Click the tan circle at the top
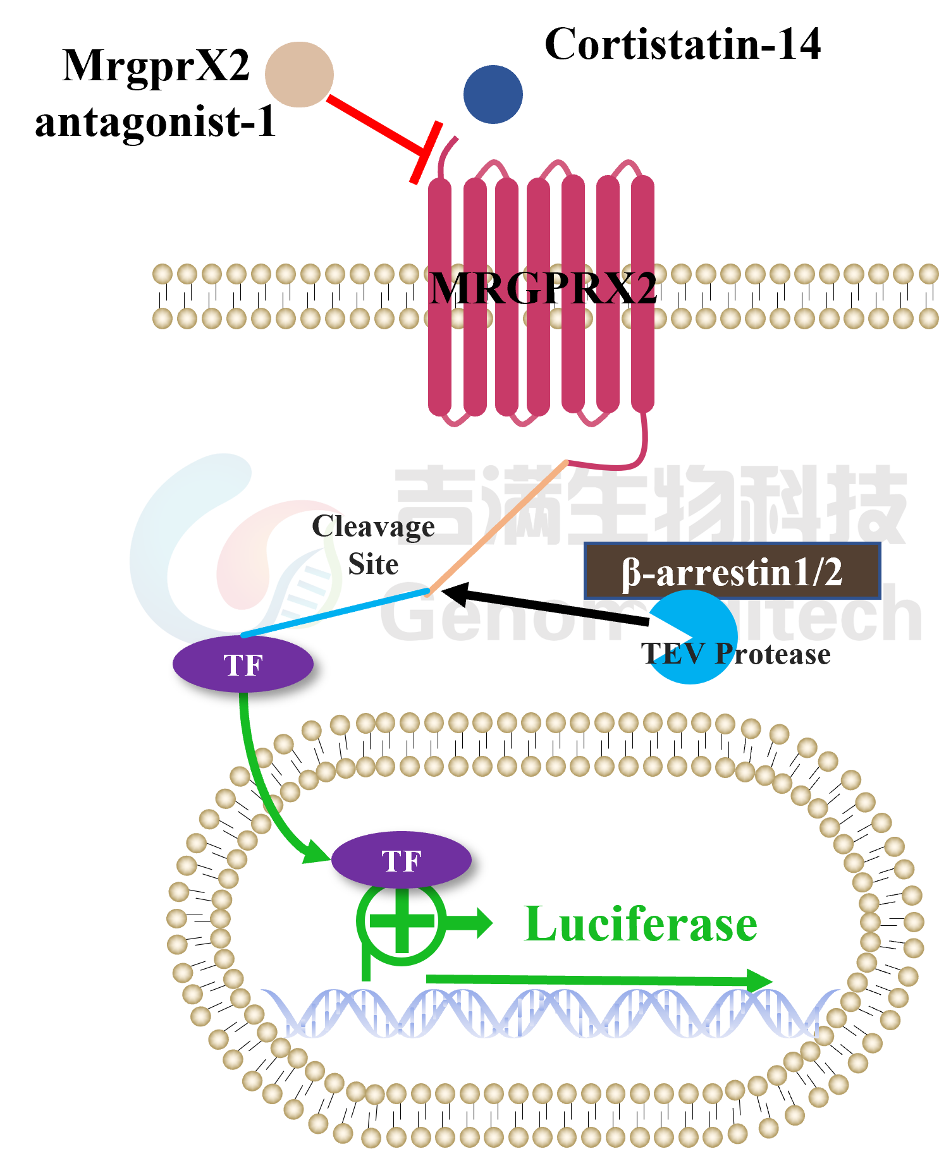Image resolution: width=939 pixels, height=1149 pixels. (x=299, y=75)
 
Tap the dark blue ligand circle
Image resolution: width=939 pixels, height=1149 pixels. (x=493, y=94)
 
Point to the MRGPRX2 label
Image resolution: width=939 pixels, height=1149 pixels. (x=541, y=288)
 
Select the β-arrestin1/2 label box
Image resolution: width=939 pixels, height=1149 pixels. (x=732, y=571)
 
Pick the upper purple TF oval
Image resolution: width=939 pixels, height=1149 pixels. (x=243, y=664)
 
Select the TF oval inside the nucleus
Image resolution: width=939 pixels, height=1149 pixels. (x=402, y=860)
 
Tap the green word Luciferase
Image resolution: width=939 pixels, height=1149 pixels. (x=641, y=924)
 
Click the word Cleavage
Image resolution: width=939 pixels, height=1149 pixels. (x=373, y=526)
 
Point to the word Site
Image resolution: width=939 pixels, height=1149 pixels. (x=373, y=564)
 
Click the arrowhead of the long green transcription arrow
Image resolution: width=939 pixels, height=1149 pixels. (x=759, y=981)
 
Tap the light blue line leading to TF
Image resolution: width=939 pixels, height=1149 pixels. (x=335, y=613)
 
